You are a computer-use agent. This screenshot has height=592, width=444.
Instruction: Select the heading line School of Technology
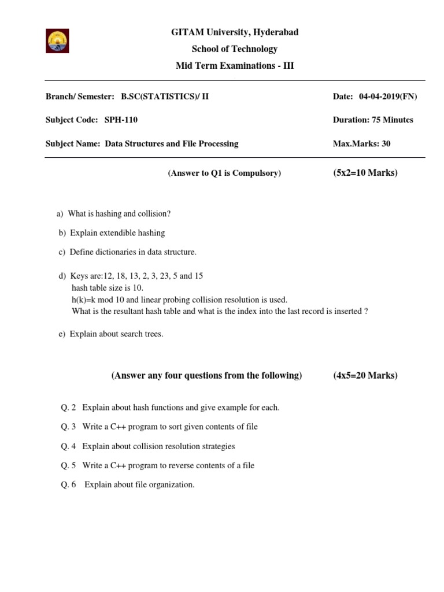pos(235,49)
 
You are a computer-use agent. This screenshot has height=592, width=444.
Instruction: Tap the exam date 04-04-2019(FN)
pos(388,97)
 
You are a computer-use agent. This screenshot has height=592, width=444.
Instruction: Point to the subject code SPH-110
pos(121,120)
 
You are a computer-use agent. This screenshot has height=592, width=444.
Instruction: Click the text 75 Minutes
pos(391,120)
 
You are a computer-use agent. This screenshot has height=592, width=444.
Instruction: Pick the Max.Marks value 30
pos(385,143)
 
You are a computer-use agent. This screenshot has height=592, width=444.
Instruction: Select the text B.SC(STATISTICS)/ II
pos(165,97)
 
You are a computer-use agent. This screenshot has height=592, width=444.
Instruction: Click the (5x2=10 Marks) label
pos(365,172)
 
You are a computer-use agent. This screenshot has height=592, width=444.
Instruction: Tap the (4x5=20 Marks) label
pos(365,375)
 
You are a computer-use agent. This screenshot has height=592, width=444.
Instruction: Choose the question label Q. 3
pos(68,427)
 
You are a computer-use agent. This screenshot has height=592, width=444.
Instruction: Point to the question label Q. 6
pos(68,484)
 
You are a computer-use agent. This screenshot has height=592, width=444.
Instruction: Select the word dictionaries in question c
pos(120,252)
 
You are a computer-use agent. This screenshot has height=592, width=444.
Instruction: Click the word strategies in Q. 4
pos(217,446)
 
